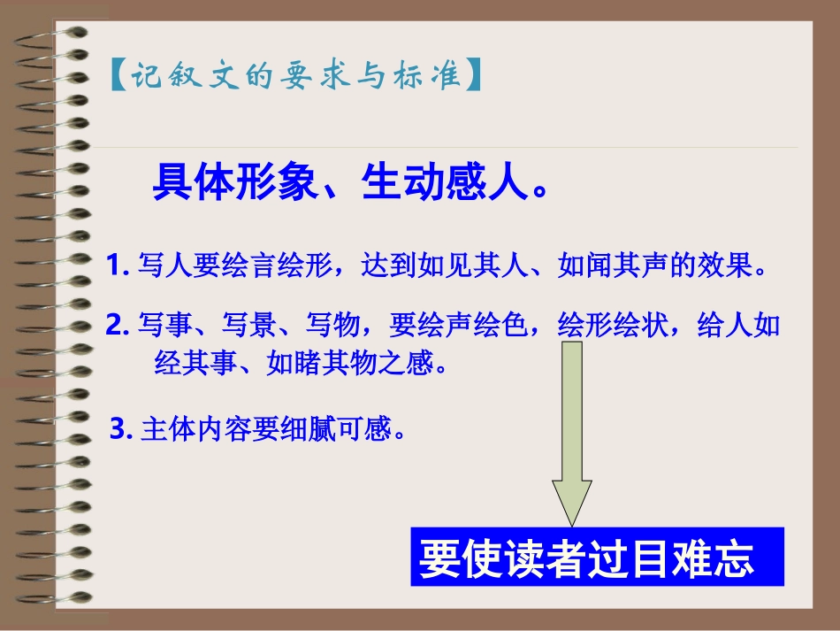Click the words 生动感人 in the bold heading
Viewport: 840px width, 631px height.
click(x=435, y=183)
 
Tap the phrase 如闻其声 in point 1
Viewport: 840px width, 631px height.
click(x=613, y=265)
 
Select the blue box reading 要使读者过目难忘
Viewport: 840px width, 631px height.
click(x=597, y=557)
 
